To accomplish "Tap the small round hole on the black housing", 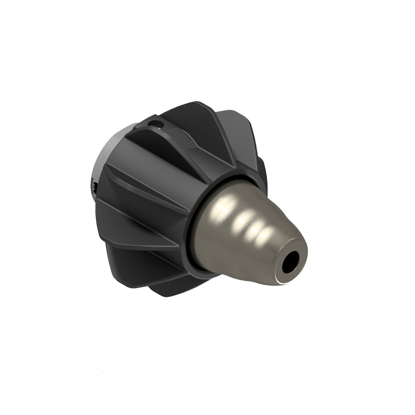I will pos(157,122).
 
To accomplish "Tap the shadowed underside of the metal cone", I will pos(239,270).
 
